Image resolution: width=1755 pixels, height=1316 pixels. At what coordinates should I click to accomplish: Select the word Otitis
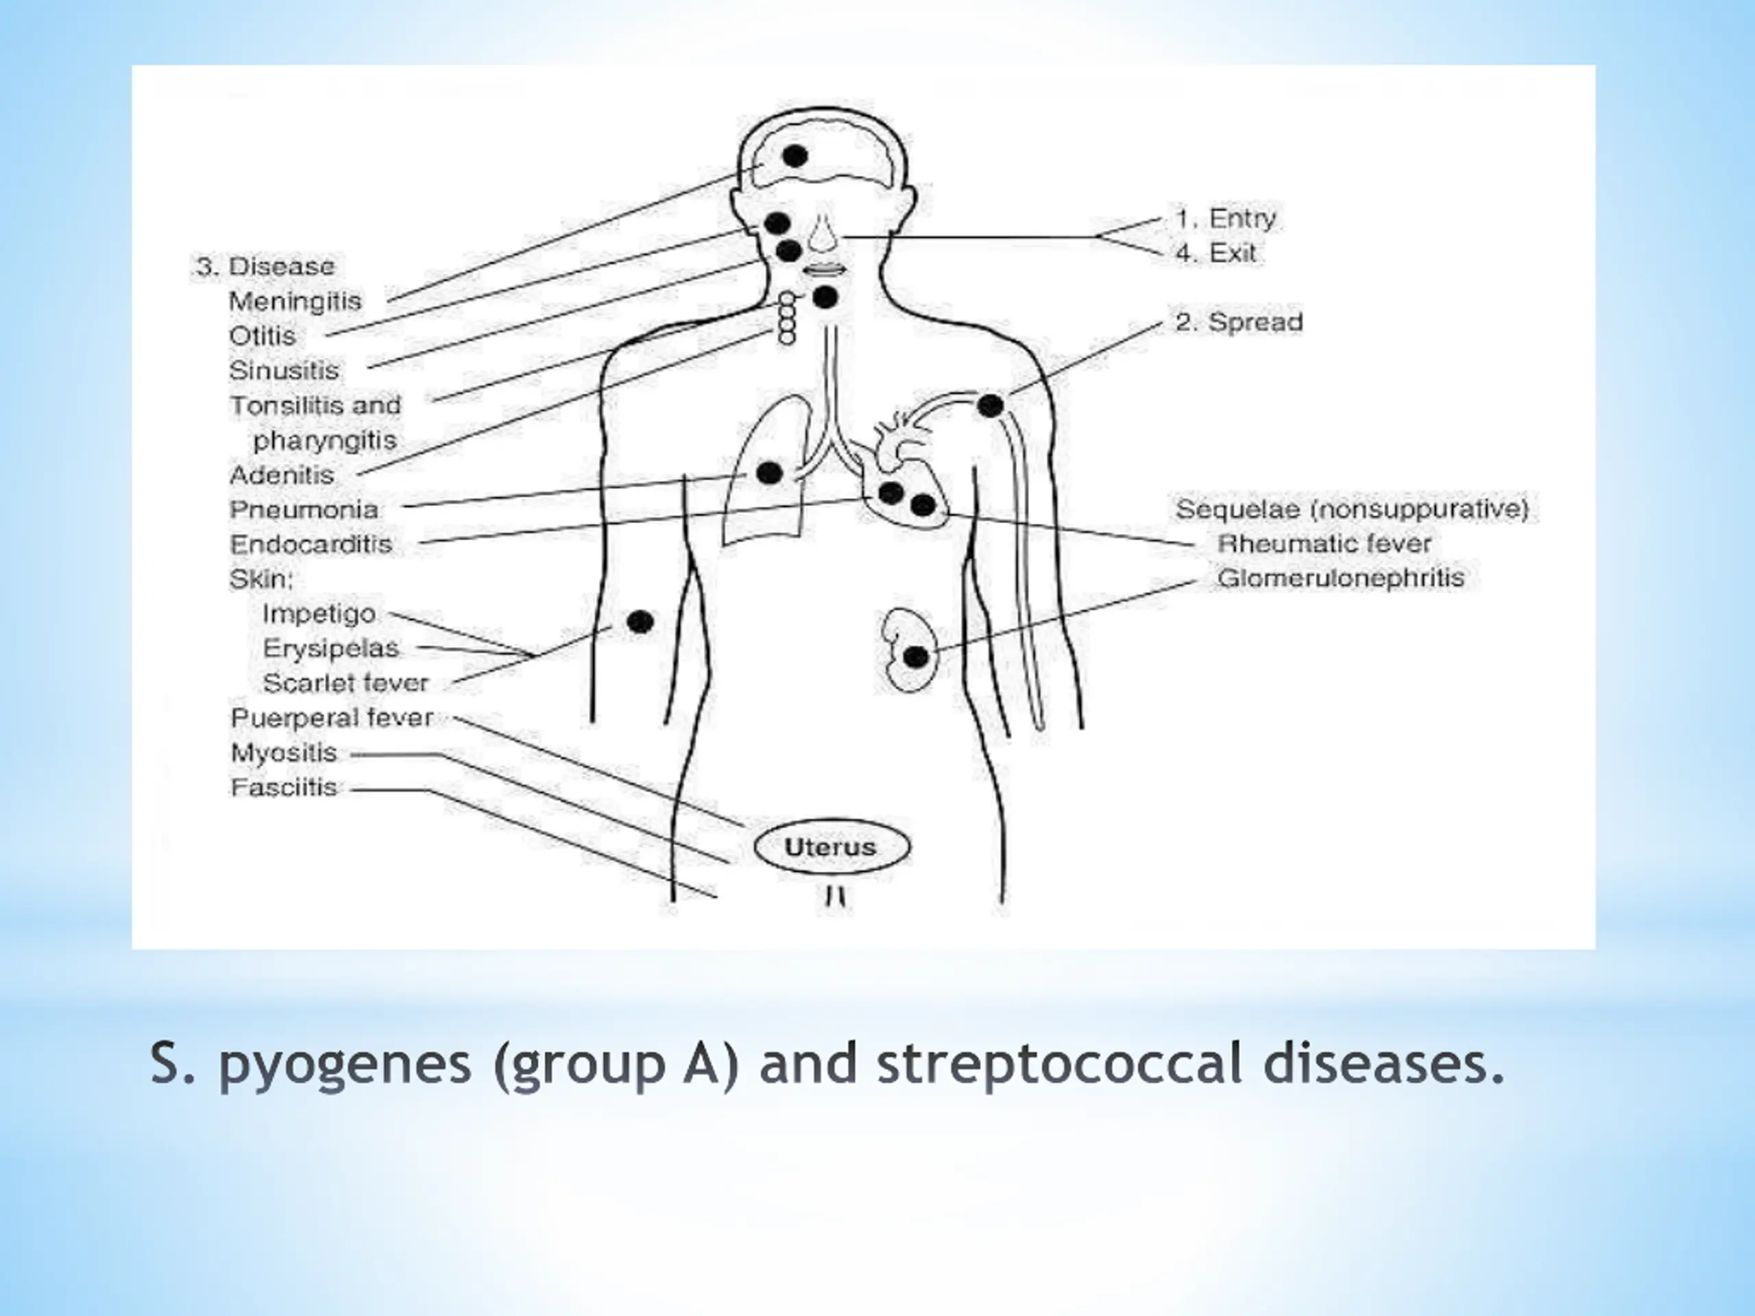262,337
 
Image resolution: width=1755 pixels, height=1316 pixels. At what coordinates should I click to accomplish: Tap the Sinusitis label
283,370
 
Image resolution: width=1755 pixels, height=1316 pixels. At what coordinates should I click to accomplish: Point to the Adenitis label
282,475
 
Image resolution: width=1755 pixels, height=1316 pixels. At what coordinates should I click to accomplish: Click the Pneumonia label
304,509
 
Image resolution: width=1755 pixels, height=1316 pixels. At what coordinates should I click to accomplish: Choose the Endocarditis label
311,544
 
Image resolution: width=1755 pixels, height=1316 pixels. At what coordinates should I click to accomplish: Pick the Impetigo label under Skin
319,613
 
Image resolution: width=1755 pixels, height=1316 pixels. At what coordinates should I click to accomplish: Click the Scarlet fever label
345,682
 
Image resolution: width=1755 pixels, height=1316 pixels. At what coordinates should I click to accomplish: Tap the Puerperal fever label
332,718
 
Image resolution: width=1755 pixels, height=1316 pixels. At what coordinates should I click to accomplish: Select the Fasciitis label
284,787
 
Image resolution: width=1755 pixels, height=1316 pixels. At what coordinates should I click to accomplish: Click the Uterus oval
831,846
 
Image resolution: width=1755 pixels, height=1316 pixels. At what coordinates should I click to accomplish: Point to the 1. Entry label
1225,218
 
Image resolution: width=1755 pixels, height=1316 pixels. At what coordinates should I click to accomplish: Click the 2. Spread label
1239,322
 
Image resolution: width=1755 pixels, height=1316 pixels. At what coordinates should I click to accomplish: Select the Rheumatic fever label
1323,544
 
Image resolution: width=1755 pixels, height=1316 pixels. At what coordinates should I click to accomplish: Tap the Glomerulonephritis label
1340,578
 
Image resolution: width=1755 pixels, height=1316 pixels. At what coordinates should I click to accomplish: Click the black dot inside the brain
794,156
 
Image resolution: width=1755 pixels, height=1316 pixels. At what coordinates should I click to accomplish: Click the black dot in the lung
768,474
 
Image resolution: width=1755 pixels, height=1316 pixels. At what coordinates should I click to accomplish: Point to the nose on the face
823,234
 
